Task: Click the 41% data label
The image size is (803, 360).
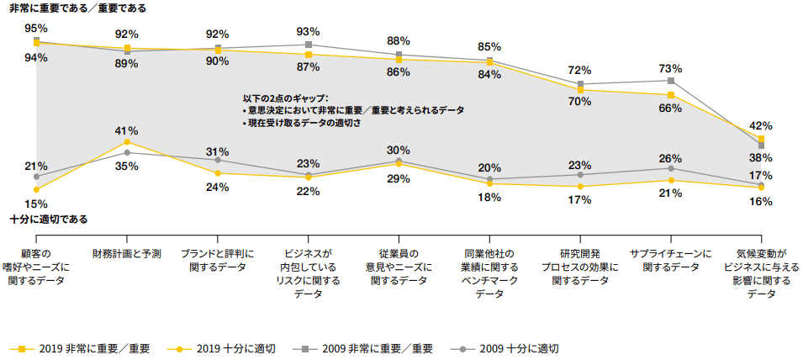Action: (x=127, y=130)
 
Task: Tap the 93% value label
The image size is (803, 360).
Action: (x=308, y=32)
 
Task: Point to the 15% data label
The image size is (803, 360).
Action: (x=36, y=204)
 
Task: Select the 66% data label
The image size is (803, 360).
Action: (x=670, y=108)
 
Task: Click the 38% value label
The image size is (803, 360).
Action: (x=760, y=158)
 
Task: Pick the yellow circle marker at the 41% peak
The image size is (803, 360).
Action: (x=127, y=142)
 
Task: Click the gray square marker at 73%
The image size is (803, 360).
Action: (x=670, y=81)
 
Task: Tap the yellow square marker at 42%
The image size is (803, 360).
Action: (x=761, y=139)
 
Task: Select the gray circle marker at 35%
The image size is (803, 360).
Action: (x=127, y=152)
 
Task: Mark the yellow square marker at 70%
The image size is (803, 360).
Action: (x=580, y=89)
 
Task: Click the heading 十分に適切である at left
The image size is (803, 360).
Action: (x=49, y=219)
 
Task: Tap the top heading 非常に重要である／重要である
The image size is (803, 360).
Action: (x=77, y=8)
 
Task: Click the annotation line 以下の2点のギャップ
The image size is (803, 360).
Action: (x=285, y=98)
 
